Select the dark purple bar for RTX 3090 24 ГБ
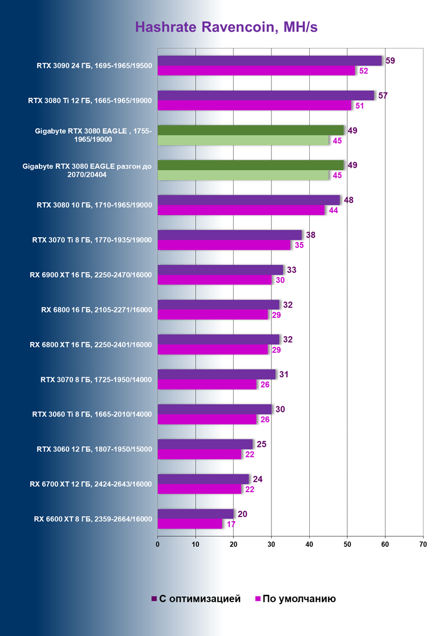click(x=269, y=61)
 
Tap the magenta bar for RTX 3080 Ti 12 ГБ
click(x=254, y=106)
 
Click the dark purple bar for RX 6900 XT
click(x=220, y=270)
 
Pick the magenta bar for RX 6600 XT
click(x=190, y=524)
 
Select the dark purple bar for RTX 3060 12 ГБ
click(x=205, y=444)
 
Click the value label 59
click(x=389, y=61)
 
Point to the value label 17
click(x=230, y=524)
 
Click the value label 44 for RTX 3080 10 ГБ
click(x=332, y=211)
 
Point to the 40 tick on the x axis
click(x=309, y=544)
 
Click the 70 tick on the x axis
click(x=423, y=544)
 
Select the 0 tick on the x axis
click(x=157, y=544)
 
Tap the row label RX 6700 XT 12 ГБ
click(x=91, y=484)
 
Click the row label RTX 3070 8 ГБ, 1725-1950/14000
click(x=96, y=380)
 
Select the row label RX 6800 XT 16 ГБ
click(x=91, y=345)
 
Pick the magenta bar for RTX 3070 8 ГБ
click(x=207, y=385)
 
